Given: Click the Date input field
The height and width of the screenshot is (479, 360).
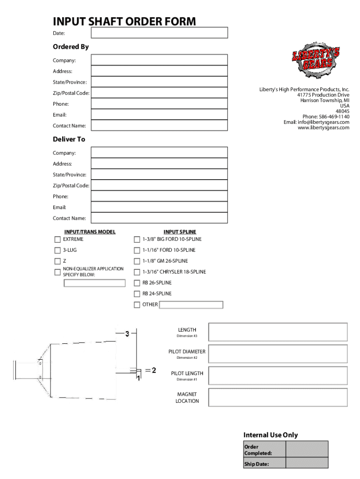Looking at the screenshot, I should click(x=159, y=33).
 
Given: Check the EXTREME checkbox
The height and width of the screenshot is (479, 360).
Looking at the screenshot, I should click(x=58, y=239).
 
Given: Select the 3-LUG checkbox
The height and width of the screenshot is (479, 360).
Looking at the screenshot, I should click(x=58, y=250).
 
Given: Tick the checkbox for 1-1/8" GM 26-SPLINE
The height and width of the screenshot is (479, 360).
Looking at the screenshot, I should click(x=137, y=261).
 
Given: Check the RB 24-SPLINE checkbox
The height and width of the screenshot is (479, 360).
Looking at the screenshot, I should click(x=137, y=294).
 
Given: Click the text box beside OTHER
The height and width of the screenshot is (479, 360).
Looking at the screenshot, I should click(x=191, y=305).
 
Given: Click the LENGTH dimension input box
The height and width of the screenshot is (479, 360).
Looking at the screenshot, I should click(x=278, y=332).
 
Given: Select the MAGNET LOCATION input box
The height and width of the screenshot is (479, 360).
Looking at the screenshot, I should click(x=278, y=397).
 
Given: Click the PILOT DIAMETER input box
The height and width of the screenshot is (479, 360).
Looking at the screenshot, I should click(x=278, y=354).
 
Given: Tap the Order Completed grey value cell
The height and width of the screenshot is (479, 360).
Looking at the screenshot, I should click(x=307, y=450).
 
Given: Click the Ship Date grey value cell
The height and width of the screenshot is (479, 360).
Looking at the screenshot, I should click(x=307, y=464).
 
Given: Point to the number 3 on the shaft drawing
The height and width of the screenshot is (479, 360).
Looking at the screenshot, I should click(x=127, y=334).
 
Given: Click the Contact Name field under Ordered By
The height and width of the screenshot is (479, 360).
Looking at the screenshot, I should click(x=159, y=126).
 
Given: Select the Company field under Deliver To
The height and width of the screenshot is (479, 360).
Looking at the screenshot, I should click(x=159, y=152).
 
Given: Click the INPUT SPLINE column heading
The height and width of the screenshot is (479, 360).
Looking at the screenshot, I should click(x=180, y=232).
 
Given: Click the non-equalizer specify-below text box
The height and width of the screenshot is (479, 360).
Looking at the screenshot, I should click(x=95, y=283).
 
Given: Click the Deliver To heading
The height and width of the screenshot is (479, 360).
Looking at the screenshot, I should click(x=69, y=139).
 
